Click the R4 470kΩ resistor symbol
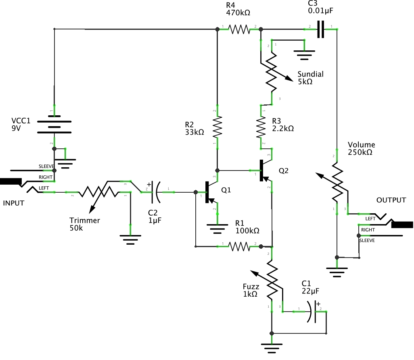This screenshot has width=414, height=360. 239,29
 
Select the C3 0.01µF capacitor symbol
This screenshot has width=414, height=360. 320,29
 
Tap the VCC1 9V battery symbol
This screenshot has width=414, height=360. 54,126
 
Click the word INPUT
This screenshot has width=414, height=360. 14,203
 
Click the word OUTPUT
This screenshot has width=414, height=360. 391,200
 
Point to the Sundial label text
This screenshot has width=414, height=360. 310,74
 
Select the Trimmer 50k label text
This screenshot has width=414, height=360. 84,224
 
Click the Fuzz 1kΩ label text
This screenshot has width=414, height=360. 250,290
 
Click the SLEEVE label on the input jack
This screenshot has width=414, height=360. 46,166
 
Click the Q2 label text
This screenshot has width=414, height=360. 284,171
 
